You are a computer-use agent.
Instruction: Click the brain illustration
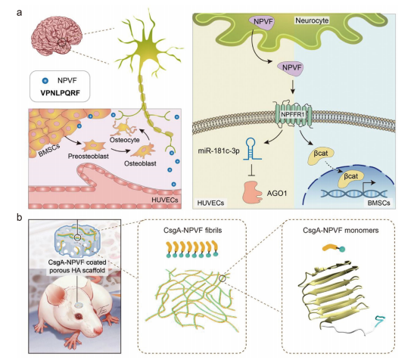point(57,39)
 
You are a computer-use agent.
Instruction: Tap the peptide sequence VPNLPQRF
point(61,93)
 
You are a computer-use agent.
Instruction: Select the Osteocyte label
point(125,140)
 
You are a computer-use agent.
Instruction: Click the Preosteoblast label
point(89,157)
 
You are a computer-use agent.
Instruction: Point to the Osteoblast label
point(140,163)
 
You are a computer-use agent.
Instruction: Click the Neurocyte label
point(312,20)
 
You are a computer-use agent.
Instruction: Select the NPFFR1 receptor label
point(293,115)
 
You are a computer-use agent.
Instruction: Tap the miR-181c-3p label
point(219,151)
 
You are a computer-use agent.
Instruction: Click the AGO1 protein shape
point(252,192)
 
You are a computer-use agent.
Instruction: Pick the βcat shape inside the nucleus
point(351,179)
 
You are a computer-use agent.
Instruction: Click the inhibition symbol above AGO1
point(251,170)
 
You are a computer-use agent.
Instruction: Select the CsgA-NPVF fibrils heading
point(192,231)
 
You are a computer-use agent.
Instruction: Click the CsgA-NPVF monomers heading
point(341,231)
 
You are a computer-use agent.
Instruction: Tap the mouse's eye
point(79,316)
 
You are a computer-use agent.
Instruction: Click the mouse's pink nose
point(98,330)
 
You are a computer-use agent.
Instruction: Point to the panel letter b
point(19,218)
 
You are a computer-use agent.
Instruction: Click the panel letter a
point(19,13)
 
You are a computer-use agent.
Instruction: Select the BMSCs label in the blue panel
point(378,203)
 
